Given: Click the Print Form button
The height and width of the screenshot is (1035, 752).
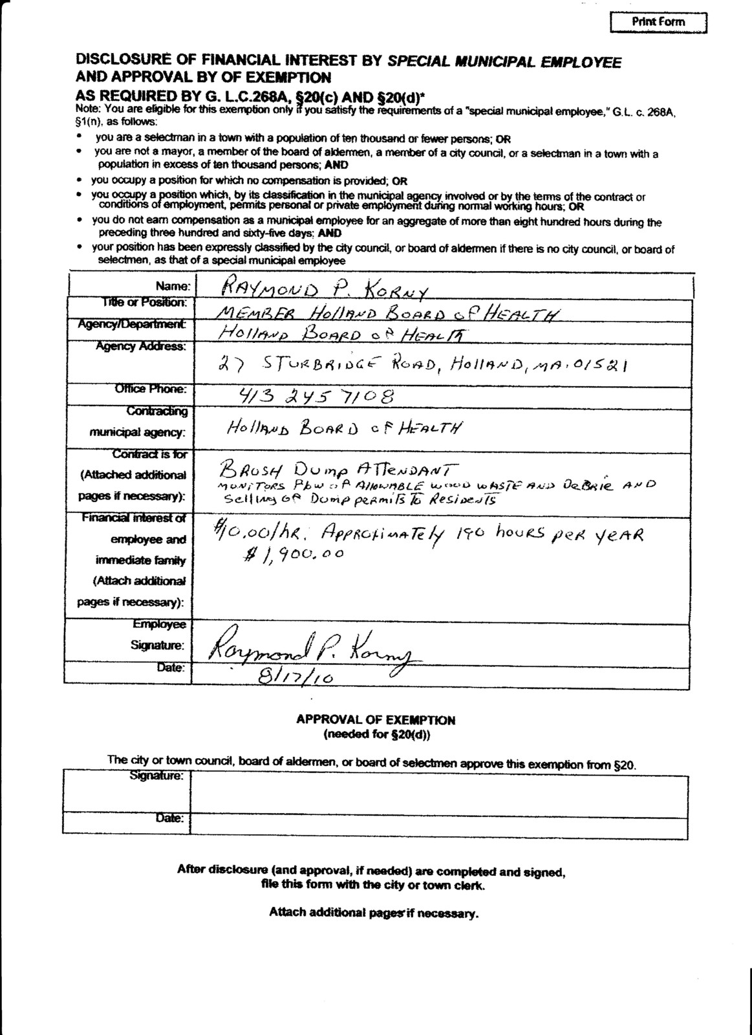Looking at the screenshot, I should coord(658,22).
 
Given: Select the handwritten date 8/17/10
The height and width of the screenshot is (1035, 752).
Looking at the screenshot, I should coord(295,676).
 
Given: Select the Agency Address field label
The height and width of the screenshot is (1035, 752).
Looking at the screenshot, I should coord(141,346).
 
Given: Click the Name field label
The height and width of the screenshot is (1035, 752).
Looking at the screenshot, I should coord(173,285).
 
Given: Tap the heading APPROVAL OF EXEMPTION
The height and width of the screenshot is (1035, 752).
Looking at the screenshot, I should coord(376,720).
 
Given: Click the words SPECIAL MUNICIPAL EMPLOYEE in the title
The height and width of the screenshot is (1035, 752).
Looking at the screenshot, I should coord(504,62).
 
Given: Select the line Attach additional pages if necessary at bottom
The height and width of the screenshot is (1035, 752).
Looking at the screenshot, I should coord(374,913).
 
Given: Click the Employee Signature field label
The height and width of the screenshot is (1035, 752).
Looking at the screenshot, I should coord(158,635).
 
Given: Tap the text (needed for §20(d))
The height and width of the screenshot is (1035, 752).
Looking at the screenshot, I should coord(376,735).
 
